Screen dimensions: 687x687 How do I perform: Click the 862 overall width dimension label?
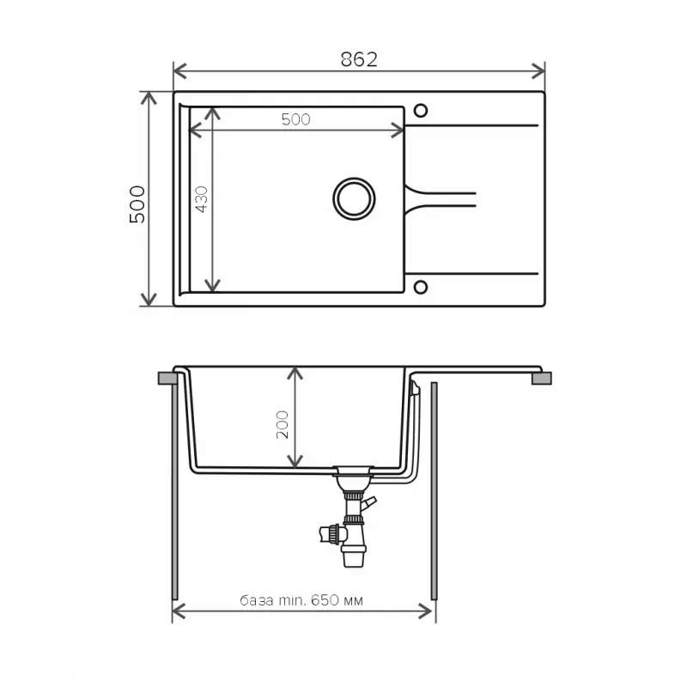pos(359,59)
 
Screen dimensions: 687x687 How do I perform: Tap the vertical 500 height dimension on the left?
pos(137,204)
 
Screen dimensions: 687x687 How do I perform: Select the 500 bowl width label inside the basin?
pos(295,119)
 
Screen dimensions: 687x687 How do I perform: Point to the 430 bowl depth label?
pos(202,199)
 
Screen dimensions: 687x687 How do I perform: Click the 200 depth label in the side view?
pos(283,424)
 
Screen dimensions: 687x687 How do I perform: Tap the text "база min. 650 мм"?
pos(301,599)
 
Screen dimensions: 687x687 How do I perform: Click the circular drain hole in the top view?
pos(354,198)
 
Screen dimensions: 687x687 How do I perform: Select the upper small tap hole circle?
pos(421,111)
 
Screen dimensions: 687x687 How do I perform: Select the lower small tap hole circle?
pos(421,288)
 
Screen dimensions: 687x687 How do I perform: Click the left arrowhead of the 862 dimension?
pos(179,71)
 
